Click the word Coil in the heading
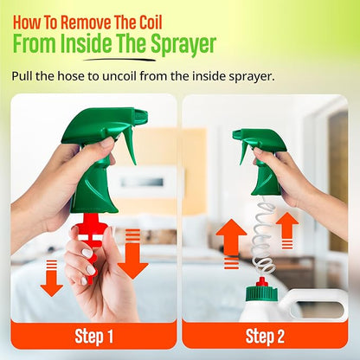point(147,22)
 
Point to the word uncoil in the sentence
point(119,76)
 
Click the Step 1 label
point(93,336)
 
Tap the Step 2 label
point(265,336)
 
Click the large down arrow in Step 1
point(132,254)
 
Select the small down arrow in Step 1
point(52,278)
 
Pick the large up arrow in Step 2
point(231,244)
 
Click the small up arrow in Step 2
point(287,230)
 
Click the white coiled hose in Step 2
point(263,236)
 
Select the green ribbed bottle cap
point(261,293)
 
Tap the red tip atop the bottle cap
point(261,281)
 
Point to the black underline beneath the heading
point(119,60)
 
